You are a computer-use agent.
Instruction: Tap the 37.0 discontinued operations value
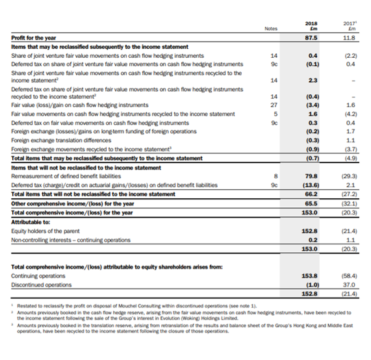(x=349, y=285)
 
